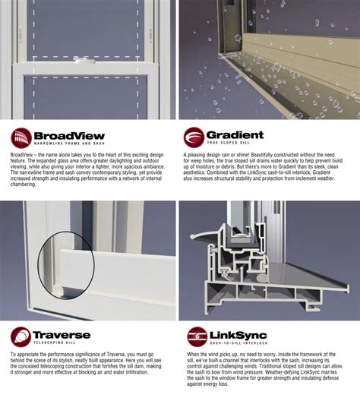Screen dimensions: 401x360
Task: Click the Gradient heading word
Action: (x=235, y=135)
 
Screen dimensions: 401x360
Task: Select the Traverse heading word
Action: (x=61, y=335)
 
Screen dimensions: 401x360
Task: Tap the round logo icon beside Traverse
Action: (x=21, y=337)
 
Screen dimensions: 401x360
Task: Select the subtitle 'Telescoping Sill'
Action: (x=57, y=344)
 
